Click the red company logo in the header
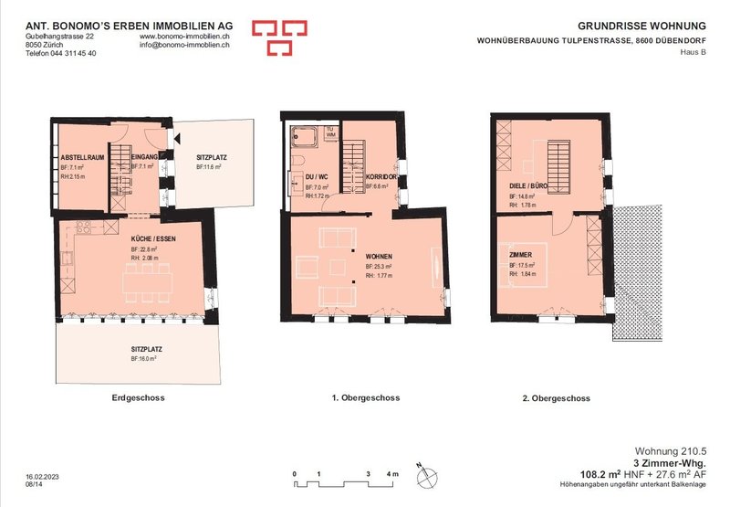click(276, 37)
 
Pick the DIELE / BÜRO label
click(528, 185)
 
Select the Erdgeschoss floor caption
click(137, 398)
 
